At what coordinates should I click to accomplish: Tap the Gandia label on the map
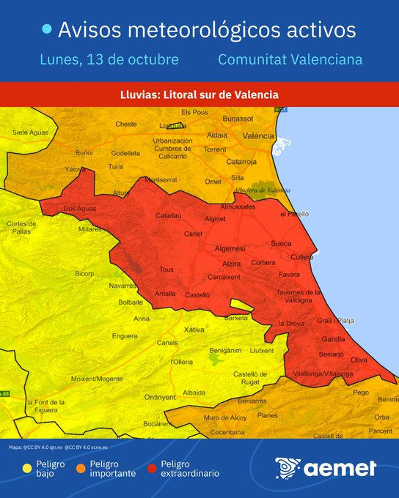(334, 341)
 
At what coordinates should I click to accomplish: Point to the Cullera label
(302, 258)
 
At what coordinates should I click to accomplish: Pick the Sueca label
(281, 243)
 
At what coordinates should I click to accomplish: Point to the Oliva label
(359, 360)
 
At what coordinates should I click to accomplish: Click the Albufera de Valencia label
(262, 190)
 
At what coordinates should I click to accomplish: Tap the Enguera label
(124, 336)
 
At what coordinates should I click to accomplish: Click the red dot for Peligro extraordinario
(152, 468)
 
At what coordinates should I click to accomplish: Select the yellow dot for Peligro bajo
(27, 468)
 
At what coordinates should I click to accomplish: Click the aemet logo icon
(287, 467)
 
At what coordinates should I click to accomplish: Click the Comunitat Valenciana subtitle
(290, 59)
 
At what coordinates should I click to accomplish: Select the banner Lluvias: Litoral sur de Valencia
(199, 94)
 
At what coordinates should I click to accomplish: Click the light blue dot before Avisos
(47, 29)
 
